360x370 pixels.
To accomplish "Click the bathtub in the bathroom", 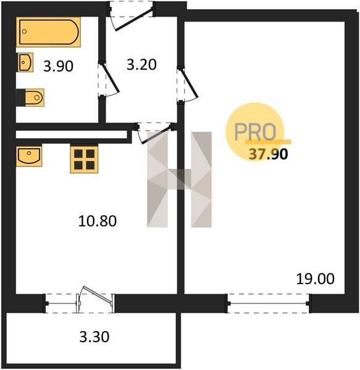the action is pos(48,32).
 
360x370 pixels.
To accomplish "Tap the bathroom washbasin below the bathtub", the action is pos(25,62).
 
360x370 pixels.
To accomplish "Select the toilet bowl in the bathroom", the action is pos(33,97).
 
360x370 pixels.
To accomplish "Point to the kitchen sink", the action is pos(29,156).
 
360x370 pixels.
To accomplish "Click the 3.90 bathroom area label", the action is pos(58,67).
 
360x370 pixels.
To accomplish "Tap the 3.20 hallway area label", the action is pos(141,65).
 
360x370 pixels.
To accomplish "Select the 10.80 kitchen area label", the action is pos(98,221).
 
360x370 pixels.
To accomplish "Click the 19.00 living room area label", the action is pos(315,279).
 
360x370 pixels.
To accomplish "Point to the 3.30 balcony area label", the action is pos(94,337).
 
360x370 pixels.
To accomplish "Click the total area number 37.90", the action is pos(269,154).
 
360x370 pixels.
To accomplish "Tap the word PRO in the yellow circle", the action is pos(255,132).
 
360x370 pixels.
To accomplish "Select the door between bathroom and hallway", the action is pos(109,78).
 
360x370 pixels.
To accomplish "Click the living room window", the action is pos(269,303).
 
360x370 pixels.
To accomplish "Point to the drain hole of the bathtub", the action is pos(24,31).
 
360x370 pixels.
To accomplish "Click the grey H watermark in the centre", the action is pos(179,179).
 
